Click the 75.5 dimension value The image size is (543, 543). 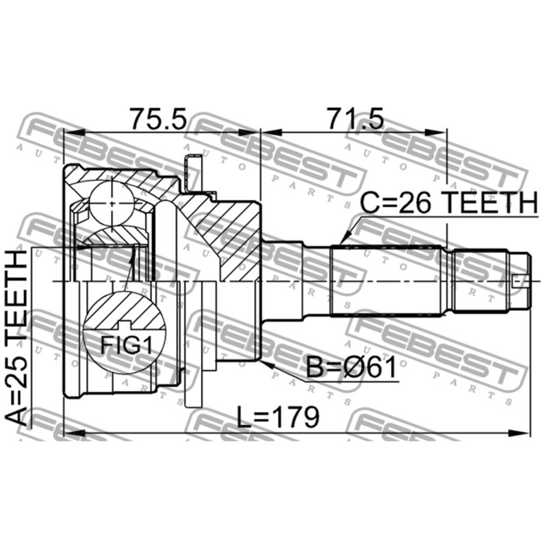pyautogui.click(x=158, y=119)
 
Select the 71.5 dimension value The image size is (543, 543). pyautogui.click(x=355, y=119)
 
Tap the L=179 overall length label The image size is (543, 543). pyautogui.click(x=278, y=417)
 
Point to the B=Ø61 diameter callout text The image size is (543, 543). pyautogui.click(x=351, y=368)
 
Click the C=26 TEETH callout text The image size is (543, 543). pyautogui.click(x=449, y=202)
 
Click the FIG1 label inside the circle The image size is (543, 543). pyautogui.click(x=126, y=345)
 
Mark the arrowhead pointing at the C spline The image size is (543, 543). pyautogui.click(x=344, y=238)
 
